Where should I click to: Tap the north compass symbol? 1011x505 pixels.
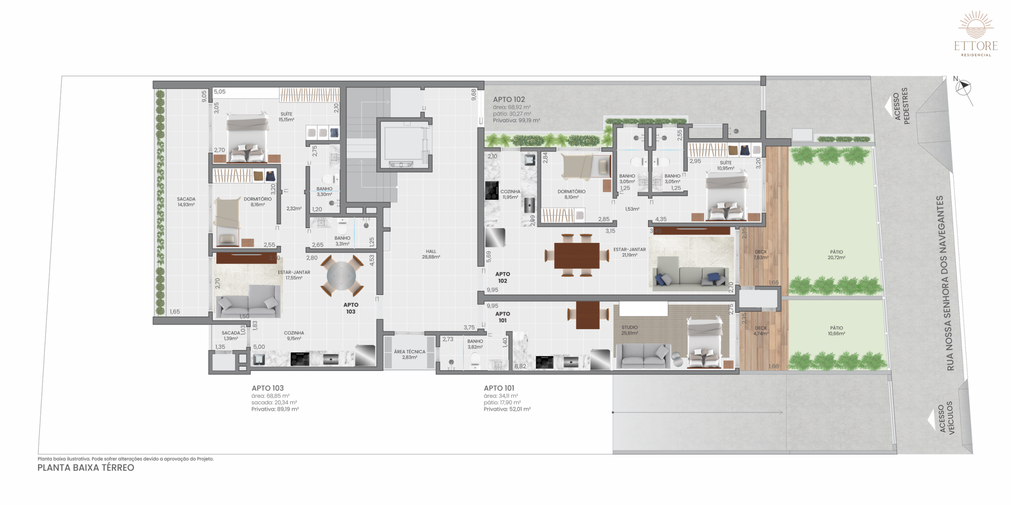(963, 88)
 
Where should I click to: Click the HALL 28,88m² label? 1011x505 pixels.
(431, 254)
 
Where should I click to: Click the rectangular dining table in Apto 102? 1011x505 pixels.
(577, 256)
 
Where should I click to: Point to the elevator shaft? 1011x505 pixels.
(404, 144)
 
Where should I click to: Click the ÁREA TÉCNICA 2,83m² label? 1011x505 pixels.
(409, 354)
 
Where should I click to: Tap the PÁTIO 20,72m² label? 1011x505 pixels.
(836, 255)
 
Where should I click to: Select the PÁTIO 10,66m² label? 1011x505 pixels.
(836, 330)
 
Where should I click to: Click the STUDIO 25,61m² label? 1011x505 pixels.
(629, 330)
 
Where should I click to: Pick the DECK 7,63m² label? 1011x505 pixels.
(761, 255)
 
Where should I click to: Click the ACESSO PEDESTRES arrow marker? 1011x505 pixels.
(888, 107)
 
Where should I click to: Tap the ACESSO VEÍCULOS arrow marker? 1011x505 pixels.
(932, 420)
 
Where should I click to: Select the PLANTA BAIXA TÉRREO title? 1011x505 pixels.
(86, 468)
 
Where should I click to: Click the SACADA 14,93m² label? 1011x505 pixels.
(186, 201)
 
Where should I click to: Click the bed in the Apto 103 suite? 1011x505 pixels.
(247, 137)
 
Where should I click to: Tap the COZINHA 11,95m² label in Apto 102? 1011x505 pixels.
(510, 194)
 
